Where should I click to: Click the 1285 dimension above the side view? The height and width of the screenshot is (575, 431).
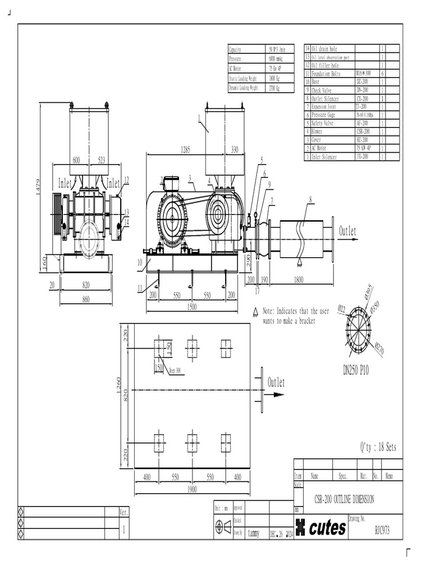click(x=185, y=149)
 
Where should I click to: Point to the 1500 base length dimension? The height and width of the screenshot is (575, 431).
click(x=192, y=307)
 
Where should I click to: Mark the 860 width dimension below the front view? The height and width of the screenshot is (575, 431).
click(x=86, y=300)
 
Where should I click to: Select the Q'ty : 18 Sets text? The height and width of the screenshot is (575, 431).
click(x=378, y=448)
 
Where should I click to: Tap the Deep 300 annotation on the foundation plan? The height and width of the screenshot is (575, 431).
click(x=175, y=371)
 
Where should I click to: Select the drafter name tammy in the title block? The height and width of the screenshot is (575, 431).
click(x=254, y=533)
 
